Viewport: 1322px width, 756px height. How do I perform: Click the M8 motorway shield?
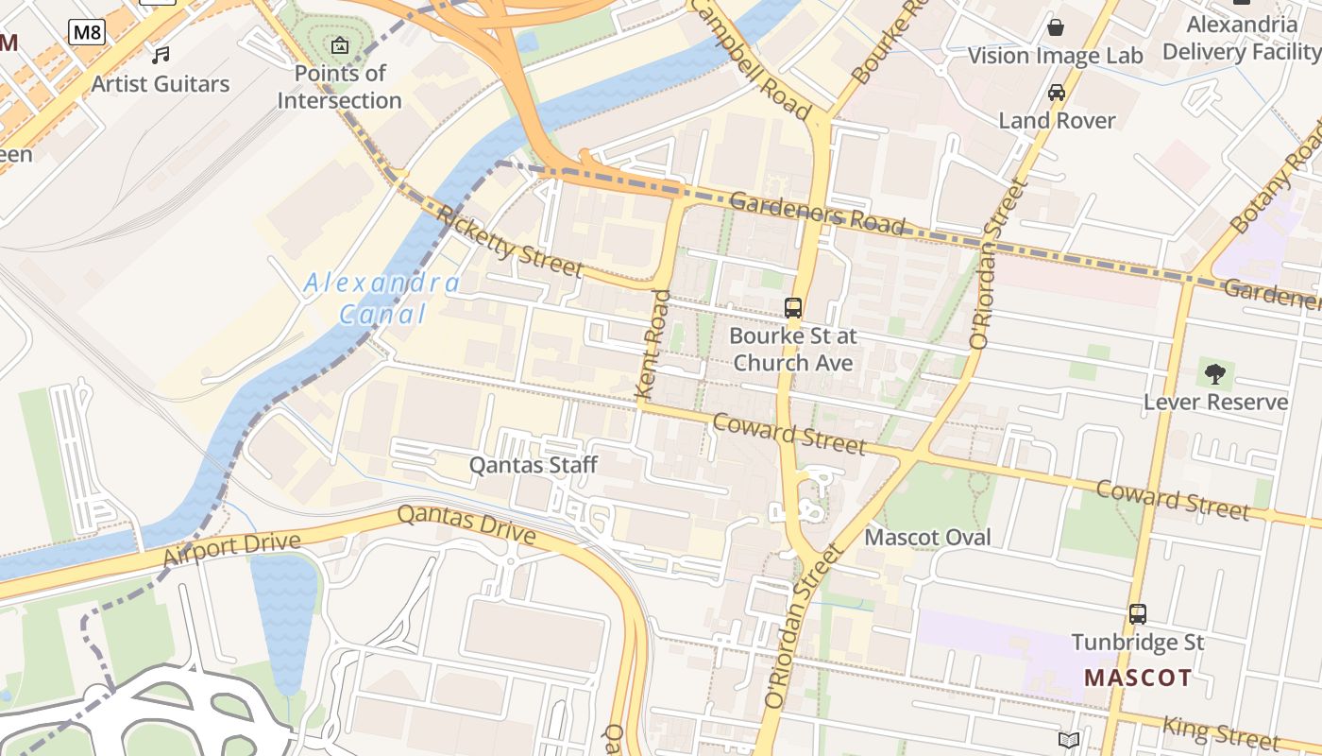click(x=87, y=33)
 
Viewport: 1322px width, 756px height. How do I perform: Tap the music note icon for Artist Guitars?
click(x=161, y=55)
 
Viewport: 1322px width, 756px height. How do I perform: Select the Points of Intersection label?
click(x=339, y=87)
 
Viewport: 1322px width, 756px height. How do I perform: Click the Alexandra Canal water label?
click(x=381, y=299)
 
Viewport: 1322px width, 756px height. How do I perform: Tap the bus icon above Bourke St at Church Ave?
click(x=793, y=308)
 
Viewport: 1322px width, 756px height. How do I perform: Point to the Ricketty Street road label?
click(x=510, y=242)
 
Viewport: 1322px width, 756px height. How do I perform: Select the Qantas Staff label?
click(x=534, y=465)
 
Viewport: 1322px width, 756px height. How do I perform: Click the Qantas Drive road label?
click(x=466, y=525)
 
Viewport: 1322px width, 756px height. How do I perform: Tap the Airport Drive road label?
click(x=231, y=551)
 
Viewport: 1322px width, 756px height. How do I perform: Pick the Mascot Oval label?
click(x=927, y=538)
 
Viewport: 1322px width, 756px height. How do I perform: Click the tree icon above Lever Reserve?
click(x=1215, y=374)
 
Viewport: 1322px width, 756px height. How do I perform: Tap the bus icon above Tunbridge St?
click(x=1138, y=614)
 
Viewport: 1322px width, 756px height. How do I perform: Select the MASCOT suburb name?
click(x=1137, y=678)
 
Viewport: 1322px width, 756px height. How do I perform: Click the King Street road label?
click(x=1220, y=732)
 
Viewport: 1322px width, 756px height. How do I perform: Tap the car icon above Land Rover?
click(x=1057, y=93)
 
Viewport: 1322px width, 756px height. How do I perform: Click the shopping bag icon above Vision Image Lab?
click(x=1056, y=26)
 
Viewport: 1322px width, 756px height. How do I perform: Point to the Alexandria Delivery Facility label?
click(x=1241, y=38)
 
